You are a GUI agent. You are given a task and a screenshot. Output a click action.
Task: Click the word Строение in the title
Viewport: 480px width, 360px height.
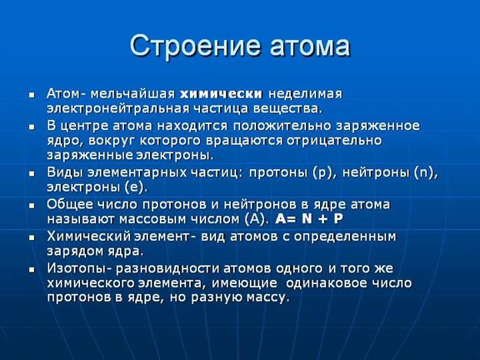coord(196,46)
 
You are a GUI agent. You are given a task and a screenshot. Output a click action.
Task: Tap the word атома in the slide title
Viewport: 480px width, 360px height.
coord(310,46)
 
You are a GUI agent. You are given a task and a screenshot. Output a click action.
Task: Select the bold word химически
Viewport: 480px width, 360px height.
coord(222,94)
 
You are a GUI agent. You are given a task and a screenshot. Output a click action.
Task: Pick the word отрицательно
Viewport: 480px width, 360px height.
coord(335,141)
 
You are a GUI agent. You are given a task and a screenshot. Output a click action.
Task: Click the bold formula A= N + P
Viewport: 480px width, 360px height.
coord(309,219)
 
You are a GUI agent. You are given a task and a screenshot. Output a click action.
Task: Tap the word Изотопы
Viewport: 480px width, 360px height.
coord(78,268)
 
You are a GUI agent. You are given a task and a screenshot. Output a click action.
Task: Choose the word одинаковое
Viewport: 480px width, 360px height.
coord(327,283)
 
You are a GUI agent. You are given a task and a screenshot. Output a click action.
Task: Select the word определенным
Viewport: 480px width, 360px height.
coord(345,237)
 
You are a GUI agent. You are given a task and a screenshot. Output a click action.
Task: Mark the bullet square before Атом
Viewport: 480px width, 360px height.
coord(32,95)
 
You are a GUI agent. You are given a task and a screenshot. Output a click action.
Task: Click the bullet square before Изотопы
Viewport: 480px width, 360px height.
coord(32,270)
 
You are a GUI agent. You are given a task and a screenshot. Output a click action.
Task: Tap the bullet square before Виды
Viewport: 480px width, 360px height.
coord(32,174)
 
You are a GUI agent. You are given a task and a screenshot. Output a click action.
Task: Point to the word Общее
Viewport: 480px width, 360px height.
coord(70,205)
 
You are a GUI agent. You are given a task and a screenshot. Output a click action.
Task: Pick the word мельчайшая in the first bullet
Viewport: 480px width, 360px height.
coord(132,94)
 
